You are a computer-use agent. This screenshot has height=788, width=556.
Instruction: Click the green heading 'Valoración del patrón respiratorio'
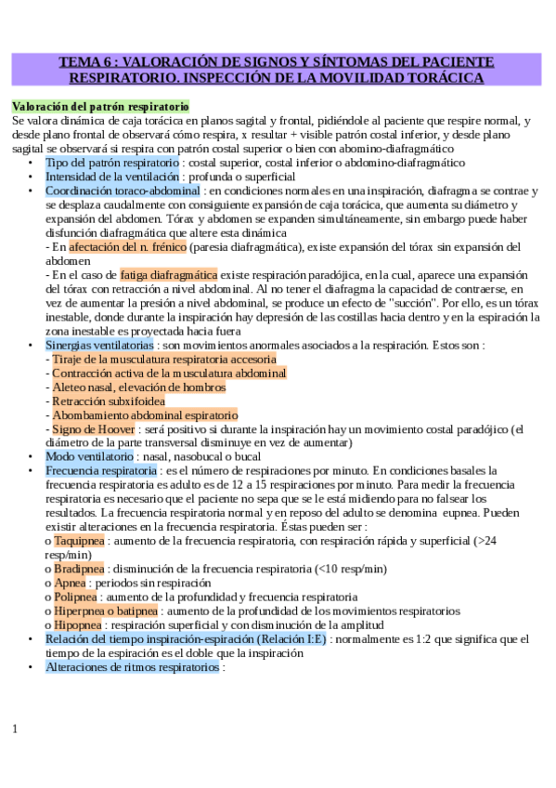(100, 107)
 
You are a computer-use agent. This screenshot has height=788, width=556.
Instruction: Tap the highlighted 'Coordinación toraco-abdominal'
(123, 190)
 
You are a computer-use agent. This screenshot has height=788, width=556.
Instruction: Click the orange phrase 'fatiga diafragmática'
(168, 275)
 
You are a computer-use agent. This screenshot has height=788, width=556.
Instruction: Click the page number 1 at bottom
(15, 729)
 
